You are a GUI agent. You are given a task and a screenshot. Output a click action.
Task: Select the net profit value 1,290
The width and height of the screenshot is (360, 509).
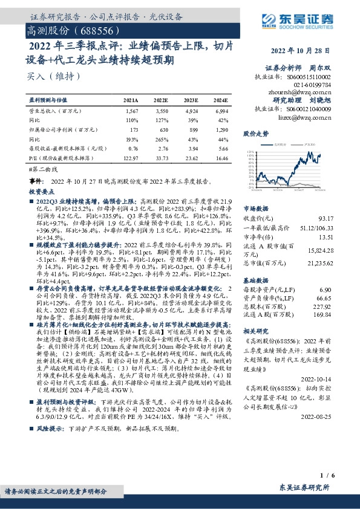(x=221, y=130)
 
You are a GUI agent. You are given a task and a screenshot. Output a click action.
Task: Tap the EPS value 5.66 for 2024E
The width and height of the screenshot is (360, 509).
(x=221, y=148)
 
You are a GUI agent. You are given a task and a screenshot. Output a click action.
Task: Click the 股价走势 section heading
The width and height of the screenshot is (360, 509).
(x=254, y=133)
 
